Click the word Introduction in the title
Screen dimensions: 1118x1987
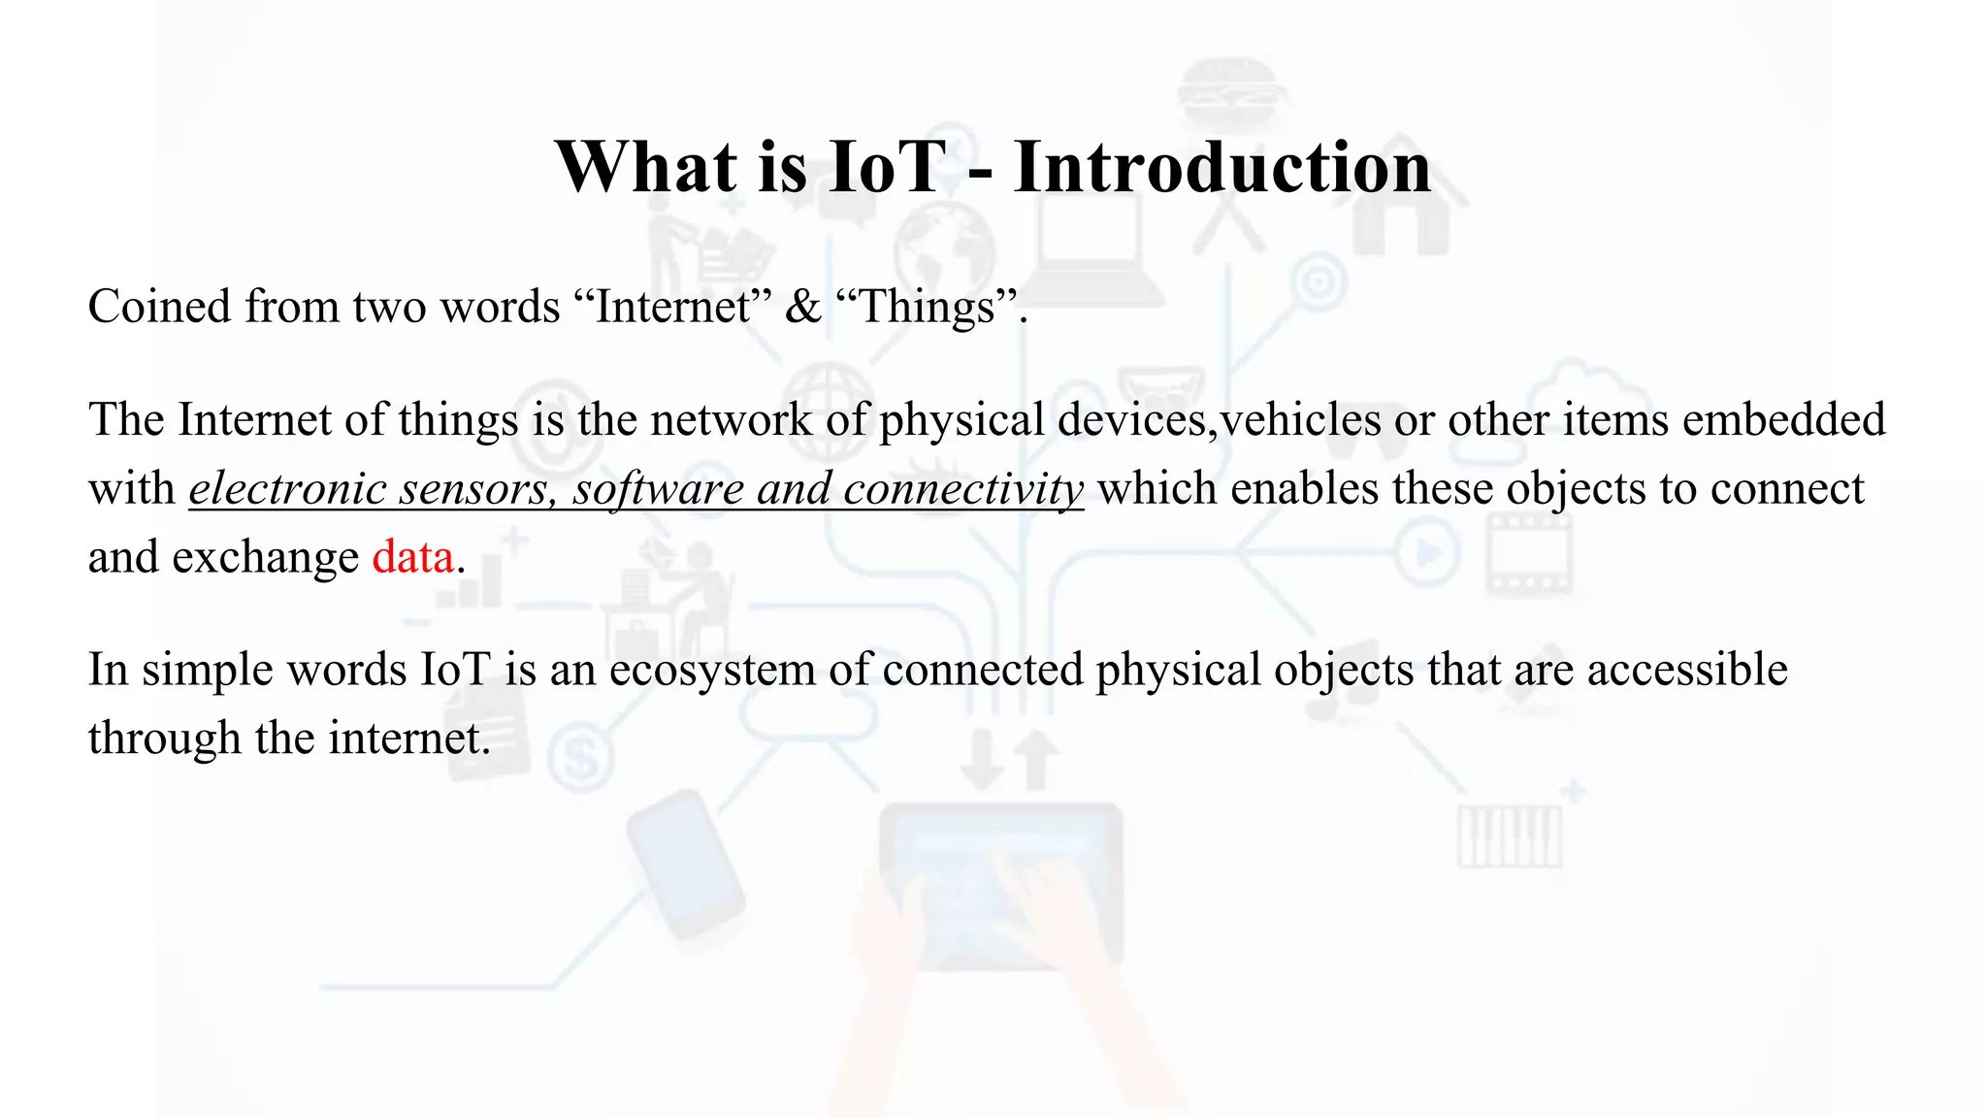(x=1222, y=167)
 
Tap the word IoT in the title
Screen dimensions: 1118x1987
(x=887, y=167)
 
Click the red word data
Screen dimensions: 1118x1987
(x=413, y=557)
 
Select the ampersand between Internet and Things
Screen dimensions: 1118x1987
(x=802, y=307)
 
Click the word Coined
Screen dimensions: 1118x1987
(x=159, y=307)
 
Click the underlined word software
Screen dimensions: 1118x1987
(x=658, y=488)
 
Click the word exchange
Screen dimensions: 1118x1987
(x=265, y=557)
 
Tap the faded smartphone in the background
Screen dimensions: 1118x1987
(x=685, y=864)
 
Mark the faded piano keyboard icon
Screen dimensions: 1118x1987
(x=1510, y=837)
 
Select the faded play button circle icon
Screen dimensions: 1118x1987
(x=1427, y=553)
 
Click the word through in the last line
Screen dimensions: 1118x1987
(x=164, y=738)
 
